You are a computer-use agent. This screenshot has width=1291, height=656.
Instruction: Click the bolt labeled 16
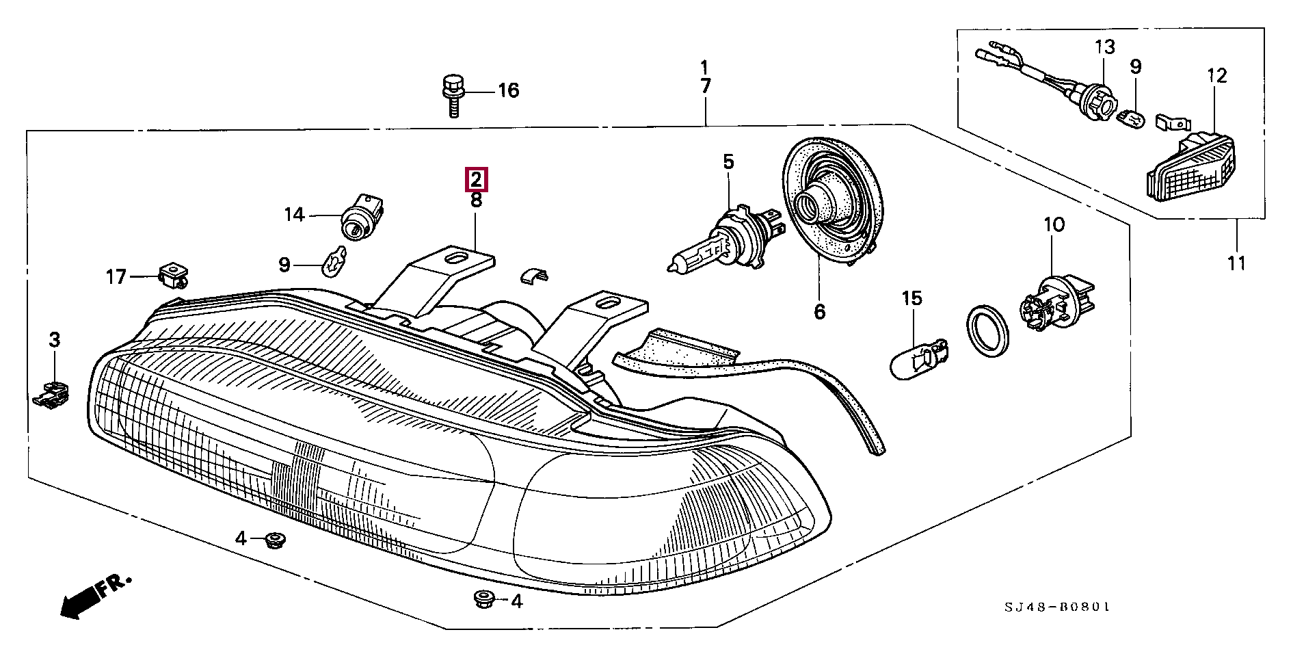[451, 95]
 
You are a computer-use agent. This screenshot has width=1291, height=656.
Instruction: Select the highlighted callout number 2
[476, 179]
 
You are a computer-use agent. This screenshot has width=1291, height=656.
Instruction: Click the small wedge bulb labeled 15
[920, 358]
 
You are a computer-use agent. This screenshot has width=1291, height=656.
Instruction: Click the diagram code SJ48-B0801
[1056, 607]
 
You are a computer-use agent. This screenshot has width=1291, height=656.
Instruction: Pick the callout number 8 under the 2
[476, 200]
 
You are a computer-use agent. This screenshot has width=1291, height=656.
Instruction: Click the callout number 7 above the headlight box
[705, 87]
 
